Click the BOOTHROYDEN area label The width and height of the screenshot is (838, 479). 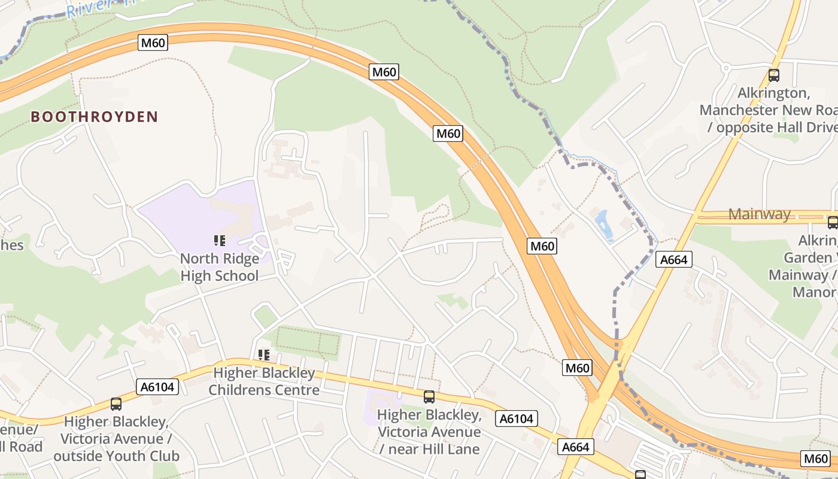[x=94, y=117]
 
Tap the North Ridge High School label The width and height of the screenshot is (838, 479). [x=220, y=267]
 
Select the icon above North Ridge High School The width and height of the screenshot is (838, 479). [x=220, y=241]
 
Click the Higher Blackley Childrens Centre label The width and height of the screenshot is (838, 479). [x=264, y=381]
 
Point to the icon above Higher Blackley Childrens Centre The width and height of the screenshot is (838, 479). [x=264, y=355]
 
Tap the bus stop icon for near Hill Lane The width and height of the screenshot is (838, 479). [x=429, y=396]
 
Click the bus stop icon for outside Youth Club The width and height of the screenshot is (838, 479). [x=116, y=404]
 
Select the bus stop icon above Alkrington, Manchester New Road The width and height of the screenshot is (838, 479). [x=773, y=75]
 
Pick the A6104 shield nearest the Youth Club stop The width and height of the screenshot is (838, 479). [x=157, y=387]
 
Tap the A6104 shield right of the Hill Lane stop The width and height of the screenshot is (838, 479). [x=517, y=419]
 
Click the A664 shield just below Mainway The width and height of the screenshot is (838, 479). [x=674, y=259]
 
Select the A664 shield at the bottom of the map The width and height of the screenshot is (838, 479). [x=576, y=447]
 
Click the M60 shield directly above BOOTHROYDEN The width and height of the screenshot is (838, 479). [x=153, y=43]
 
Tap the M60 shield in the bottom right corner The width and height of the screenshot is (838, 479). [x=815, y=459]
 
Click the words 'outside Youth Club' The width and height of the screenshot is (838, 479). [x=116, y=456]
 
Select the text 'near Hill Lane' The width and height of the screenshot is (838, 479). [x=430, y=449]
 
